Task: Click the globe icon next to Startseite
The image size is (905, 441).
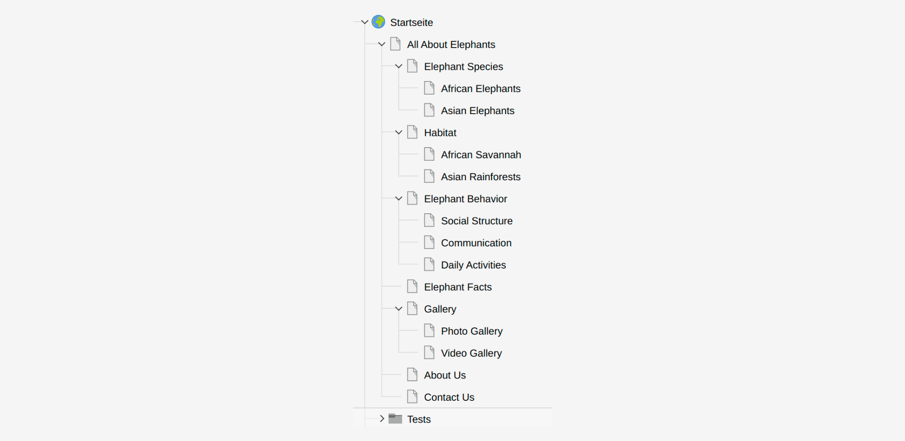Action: [378, 22]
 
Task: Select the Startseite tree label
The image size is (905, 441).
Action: [411, 23]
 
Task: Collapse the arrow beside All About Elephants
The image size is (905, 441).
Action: [381, 44]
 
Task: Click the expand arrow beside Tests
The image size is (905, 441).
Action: [382, 419]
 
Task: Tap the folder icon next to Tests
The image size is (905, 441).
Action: [395, 419]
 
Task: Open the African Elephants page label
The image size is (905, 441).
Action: [481, 89]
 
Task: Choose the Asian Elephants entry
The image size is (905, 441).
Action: [477, 111]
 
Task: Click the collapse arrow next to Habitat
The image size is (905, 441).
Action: [399, 133]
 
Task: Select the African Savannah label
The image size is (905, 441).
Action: [481, 155]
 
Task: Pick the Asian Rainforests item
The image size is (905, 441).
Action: [481, 177]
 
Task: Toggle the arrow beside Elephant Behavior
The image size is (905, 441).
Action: [399, 199]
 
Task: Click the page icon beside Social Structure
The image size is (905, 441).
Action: [429, 220]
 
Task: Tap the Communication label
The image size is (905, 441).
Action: [476, 243]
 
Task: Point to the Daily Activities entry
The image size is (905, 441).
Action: [473, 265]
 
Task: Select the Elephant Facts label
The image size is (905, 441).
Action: [457, 287]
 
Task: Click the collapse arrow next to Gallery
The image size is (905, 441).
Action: [399, 309]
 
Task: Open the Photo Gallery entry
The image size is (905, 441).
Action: [472, 331]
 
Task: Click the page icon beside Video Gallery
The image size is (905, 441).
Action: [429, 353]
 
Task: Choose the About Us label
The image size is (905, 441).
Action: [445, 375]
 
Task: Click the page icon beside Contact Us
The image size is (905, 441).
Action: [412, 397]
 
